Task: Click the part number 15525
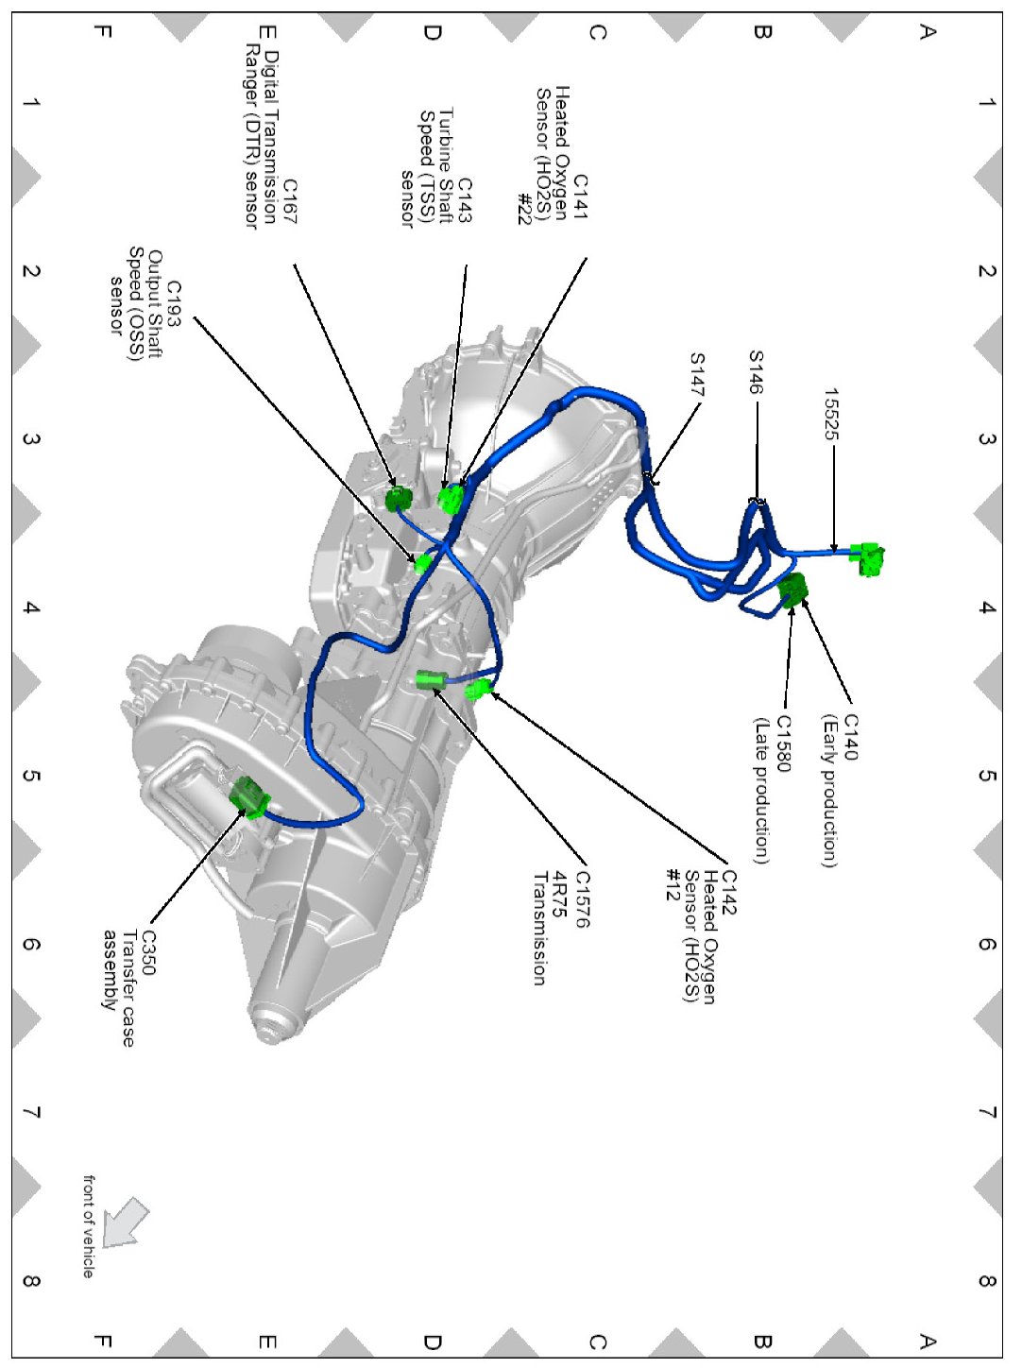831,414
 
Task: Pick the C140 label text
851,737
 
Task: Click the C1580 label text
783,743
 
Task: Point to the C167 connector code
290,201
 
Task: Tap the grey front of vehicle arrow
126,1223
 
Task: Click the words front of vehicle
89,1226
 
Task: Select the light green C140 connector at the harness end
869,557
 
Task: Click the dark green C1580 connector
793,589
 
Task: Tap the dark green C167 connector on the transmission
400,498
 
